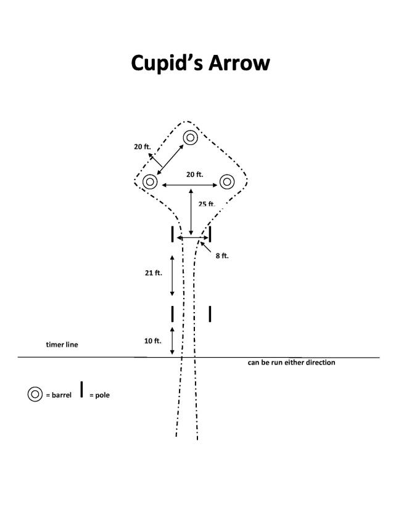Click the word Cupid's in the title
click(x=167, y=63)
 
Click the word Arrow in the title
click(x=239, y=63)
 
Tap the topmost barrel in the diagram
click(x=190, y=138)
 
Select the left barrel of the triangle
click(x=150, y=182)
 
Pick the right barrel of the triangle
click(x=227, y=182)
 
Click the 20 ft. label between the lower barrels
click(x=194, y=175)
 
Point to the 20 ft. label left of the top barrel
click(x=143, y=146)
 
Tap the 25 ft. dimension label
click(x=207, y=204)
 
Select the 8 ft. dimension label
click(x=222, y=256)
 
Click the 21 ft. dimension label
click(x=154, y=273)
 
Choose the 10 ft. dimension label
click(x=153, y=341)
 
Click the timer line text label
click(x=62, y=345)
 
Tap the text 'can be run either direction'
click(x=291, y=363)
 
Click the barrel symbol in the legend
click(x=35, y=394)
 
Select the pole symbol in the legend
click(x=81, y=390)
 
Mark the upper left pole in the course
click(x=173, y=234)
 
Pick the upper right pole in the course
click(x=210, y=234)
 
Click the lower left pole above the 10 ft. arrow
click(x=173, y=314)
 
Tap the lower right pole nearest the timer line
click(x=210, y=314)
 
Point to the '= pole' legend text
click(x=99, y=395)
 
